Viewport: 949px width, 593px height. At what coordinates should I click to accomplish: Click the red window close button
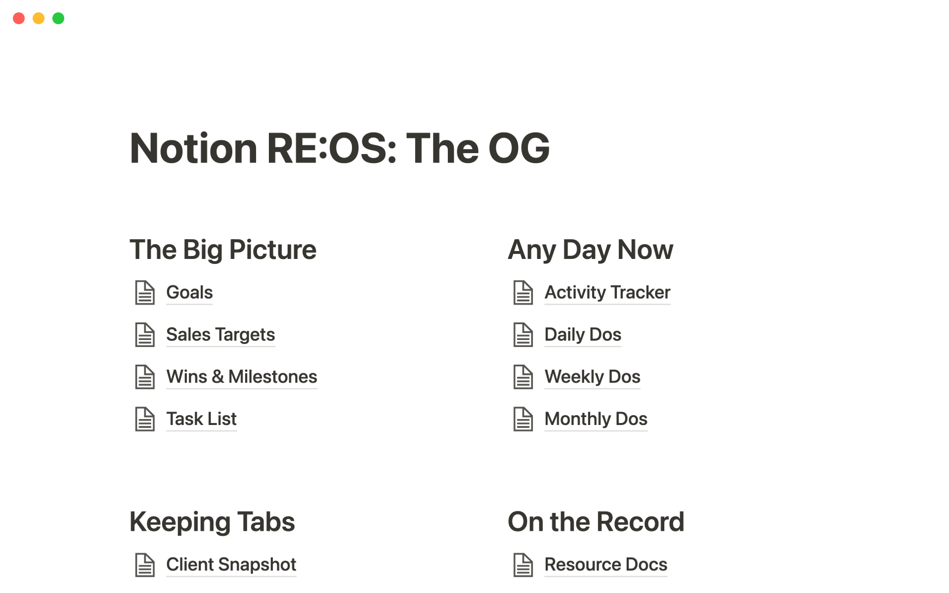[19, 18]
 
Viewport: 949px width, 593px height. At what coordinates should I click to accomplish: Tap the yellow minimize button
[39, 18]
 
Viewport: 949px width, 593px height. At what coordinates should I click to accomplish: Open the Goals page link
[189, 293]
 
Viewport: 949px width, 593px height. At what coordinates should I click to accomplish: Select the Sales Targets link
[220, 335]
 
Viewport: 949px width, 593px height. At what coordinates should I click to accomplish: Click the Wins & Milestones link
[242, 377]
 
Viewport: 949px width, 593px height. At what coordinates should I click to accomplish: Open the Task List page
[201, 419]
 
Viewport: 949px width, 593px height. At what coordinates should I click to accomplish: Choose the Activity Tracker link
[607, 293]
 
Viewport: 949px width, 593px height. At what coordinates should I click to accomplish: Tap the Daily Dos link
[583, 335]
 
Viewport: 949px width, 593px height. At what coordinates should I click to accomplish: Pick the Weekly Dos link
[592, 377]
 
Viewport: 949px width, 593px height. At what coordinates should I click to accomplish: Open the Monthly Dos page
[596, 419]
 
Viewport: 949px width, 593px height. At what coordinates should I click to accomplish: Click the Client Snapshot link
[231, 564]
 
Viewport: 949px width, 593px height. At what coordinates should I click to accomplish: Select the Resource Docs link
[605, 564]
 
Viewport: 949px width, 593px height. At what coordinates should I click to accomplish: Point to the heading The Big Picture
[223, 250]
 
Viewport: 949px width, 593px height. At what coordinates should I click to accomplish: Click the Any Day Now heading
[591, 250]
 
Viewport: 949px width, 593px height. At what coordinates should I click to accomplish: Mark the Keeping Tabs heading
[212, 522]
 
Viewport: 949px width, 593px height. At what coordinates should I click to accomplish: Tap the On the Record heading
[596, 522]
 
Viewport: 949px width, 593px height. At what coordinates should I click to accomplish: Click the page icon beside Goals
[145, 293]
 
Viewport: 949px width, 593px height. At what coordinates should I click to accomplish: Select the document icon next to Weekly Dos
[523, 377]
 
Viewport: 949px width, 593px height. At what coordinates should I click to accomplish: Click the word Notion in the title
[193, 148]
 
